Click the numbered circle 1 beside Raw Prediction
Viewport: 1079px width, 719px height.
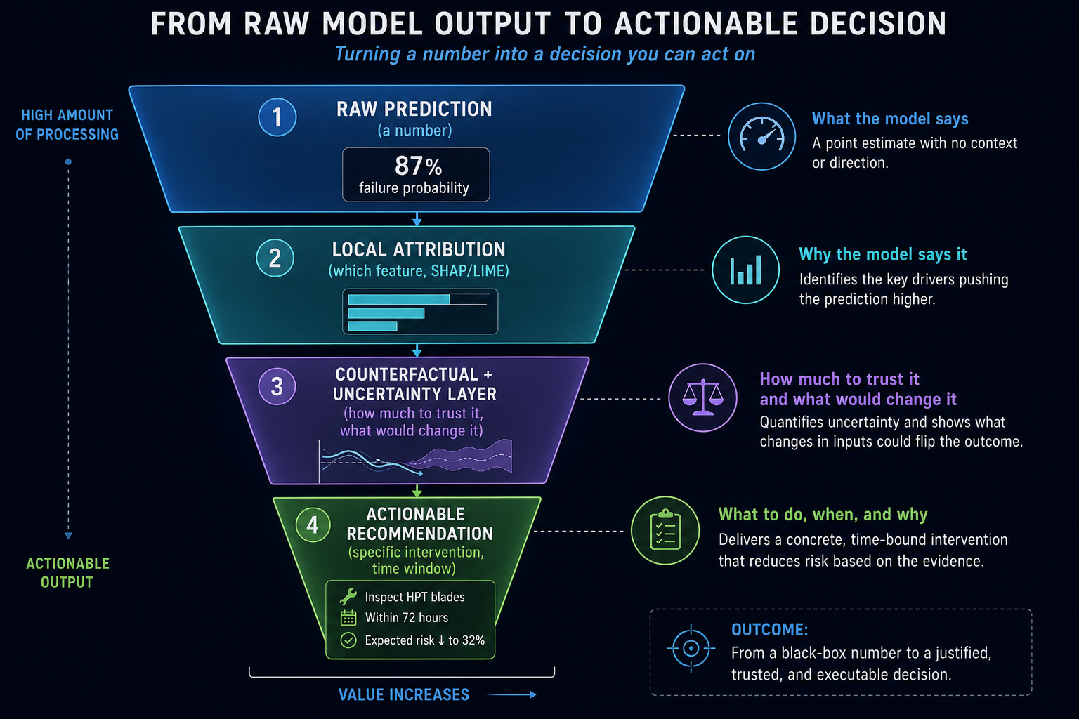[277, 117]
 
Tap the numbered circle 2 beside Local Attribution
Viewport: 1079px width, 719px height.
[275, 258]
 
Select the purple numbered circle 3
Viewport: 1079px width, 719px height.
[277, 386]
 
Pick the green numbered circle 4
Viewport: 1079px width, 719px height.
[313, 525]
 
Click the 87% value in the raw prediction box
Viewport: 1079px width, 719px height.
[418, 166]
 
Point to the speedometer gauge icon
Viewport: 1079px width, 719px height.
[761, 136]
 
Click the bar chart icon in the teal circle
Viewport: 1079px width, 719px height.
[745, 270]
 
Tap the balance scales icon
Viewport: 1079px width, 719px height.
[702, 397]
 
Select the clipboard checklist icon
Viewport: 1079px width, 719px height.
[665, 530]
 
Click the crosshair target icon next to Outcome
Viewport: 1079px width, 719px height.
[691, 648]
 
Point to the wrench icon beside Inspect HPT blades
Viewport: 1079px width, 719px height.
[348, 597]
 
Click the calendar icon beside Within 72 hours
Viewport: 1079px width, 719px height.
[348, 618]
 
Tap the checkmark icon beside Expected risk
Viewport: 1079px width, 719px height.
[348, 640]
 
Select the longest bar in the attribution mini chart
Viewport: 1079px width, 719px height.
[399, 300]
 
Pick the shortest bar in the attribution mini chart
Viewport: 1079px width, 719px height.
[372, 326]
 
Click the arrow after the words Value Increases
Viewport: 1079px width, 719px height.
[511, 694]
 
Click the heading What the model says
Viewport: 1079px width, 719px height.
[890, 119]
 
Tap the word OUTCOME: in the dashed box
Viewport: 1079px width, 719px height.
[770, 629]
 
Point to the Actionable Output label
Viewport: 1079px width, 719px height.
[67, 572]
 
